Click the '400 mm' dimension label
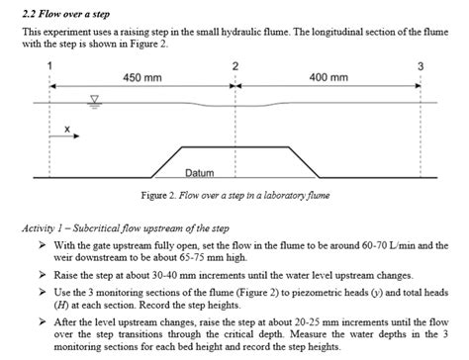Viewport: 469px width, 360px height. pos(329,76)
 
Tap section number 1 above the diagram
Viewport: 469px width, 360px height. pos(49,64)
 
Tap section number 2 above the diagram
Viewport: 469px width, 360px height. pos(234,64)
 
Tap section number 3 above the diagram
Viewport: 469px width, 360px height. pos(422,64)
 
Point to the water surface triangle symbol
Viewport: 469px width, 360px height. pos(95,99)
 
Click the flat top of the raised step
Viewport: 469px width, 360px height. pos(234,147)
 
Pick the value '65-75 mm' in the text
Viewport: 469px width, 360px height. pos(181,256)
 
